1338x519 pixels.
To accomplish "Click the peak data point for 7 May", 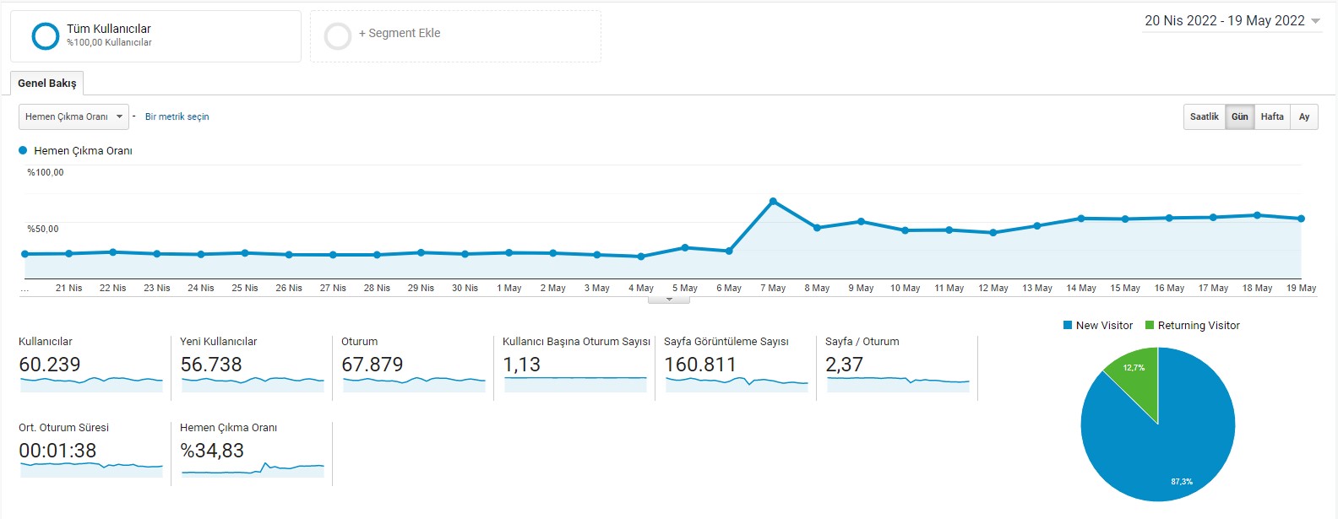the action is tap(773, 202).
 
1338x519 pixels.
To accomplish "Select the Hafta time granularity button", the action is tap(1272, 117).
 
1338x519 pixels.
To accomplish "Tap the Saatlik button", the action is tap(1205, 117).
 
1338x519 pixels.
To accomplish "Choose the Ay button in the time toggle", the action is tap(1304, 117).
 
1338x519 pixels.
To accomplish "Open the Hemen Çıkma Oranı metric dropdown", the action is tap(73, 117).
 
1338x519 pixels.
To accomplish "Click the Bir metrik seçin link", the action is tap(177, 117).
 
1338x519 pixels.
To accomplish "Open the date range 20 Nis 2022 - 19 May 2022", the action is tap(1232, 21).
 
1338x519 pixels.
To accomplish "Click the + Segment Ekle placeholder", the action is tap(455, 35).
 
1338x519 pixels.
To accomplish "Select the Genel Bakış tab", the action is tap(47, 84).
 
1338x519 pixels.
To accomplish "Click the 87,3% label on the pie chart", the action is tap(1182, 481).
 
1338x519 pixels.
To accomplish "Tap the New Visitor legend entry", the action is tap(1098, 326).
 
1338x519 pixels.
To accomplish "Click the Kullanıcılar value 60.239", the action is tap(50, 365).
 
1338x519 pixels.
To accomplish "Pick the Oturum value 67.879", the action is tap(373, 365).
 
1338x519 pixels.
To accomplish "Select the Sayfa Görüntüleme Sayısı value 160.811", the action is tap(700, 365).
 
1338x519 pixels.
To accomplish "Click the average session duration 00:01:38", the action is tap(57, 451).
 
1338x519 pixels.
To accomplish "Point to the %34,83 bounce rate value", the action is tap(212, 451).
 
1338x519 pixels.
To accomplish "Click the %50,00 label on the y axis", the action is tap(43, 229).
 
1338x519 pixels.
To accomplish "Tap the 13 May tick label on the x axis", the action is tap(1037, 288).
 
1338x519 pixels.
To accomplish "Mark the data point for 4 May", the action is tap(641, 257).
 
